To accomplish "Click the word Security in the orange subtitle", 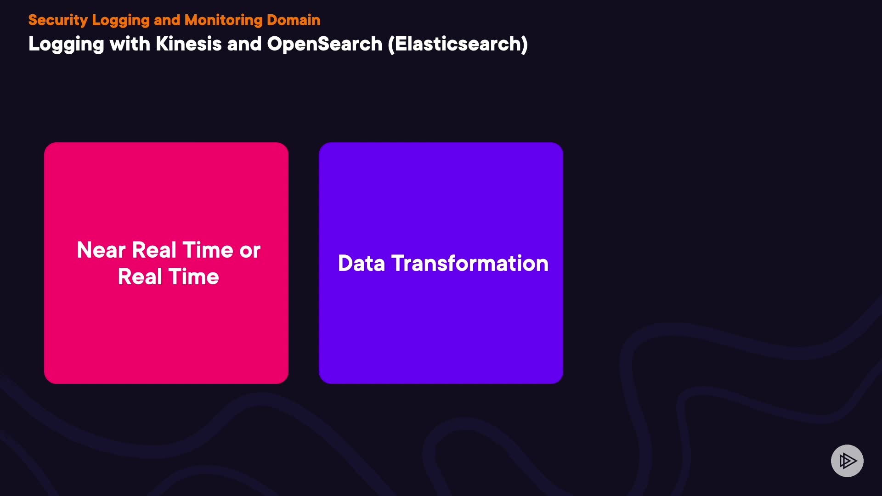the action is (58, 20).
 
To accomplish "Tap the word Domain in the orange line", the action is (294, 20).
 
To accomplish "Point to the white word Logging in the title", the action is (67, 45).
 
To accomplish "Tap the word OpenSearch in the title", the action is (324, 45).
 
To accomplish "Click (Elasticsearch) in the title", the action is (458, 44).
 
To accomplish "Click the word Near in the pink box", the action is (101, 250).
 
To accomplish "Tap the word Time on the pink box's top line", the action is (208, 250).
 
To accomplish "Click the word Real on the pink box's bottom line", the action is (140, 277).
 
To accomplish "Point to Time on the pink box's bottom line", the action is (194, 277).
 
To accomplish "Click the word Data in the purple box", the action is (362, 263).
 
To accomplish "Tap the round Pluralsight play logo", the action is (847, 461).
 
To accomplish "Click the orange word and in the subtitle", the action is (167, 20).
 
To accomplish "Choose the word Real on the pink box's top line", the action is (154, 250).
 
